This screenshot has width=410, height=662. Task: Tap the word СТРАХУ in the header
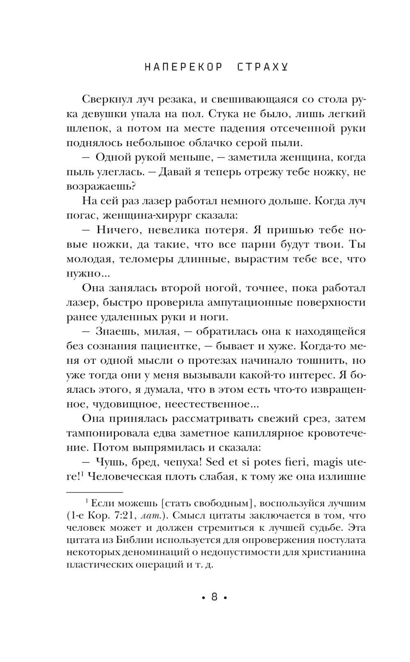[x=262, y=68]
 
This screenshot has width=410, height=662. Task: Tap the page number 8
[x=214, y=597]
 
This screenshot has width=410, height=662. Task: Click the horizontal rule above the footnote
[x=94, y=492]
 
